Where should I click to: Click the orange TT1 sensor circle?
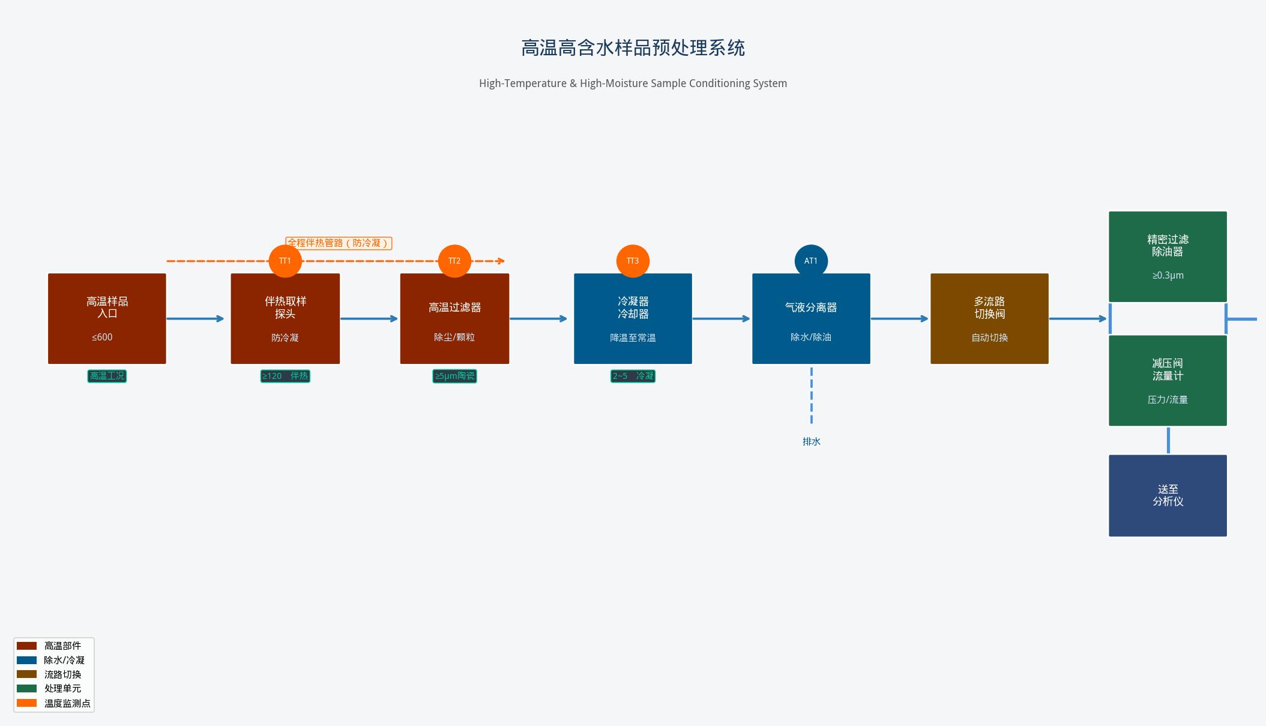pos(285,261)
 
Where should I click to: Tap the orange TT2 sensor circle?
pos(454,261)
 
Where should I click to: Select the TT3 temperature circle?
pos(633,261)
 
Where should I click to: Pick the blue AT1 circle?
pos(811,261)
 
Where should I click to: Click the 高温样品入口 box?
pos(107,319)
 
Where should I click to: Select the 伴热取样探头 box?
pos(285,319)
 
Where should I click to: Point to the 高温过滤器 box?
pos(454,319)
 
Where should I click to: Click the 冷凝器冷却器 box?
pos(633,319)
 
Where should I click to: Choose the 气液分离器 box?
pos(811,319)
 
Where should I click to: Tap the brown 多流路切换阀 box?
pos(989,319)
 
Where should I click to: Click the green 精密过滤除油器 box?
pos(1168,256)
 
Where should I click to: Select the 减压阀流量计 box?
pos(1168,381)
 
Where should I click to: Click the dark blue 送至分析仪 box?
pos(1168,495)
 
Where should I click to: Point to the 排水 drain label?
pos(811,441)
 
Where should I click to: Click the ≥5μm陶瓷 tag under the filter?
pos(454,376)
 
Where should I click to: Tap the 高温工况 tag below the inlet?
pos(107,376)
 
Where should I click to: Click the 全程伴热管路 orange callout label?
pos(339,243)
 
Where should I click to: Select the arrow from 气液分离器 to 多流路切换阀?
pos(899,319)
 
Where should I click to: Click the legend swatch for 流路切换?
pos(26,674)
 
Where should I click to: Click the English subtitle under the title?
pos(633,83)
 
